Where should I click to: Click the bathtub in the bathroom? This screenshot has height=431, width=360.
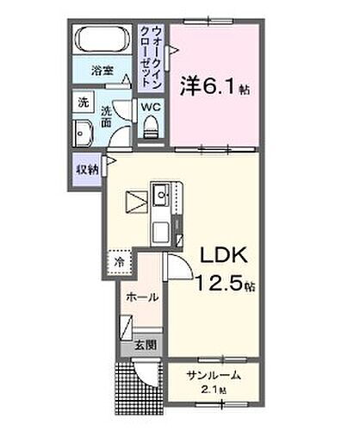(102, 41)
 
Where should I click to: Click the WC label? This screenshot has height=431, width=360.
(151, 108)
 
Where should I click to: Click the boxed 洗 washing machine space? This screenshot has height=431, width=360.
(84, 101)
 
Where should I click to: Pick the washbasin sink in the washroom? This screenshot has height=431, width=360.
(84, 134)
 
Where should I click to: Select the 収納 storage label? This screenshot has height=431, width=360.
(84, 168)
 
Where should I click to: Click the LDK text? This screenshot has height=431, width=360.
(225, 255)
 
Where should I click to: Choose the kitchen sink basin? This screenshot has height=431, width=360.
(162, 197)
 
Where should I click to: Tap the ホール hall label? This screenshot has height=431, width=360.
(141, 297)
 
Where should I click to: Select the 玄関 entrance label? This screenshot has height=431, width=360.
(143, 346)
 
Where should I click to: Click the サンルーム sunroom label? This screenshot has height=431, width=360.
(212, 377)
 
